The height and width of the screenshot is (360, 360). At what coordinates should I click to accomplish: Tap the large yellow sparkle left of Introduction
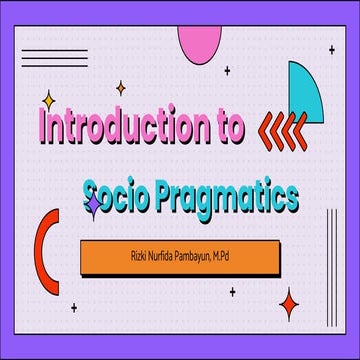click(x=48, y=100)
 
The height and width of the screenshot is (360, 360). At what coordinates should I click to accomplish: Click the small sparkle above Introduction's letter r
click(x=120, y=88)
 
